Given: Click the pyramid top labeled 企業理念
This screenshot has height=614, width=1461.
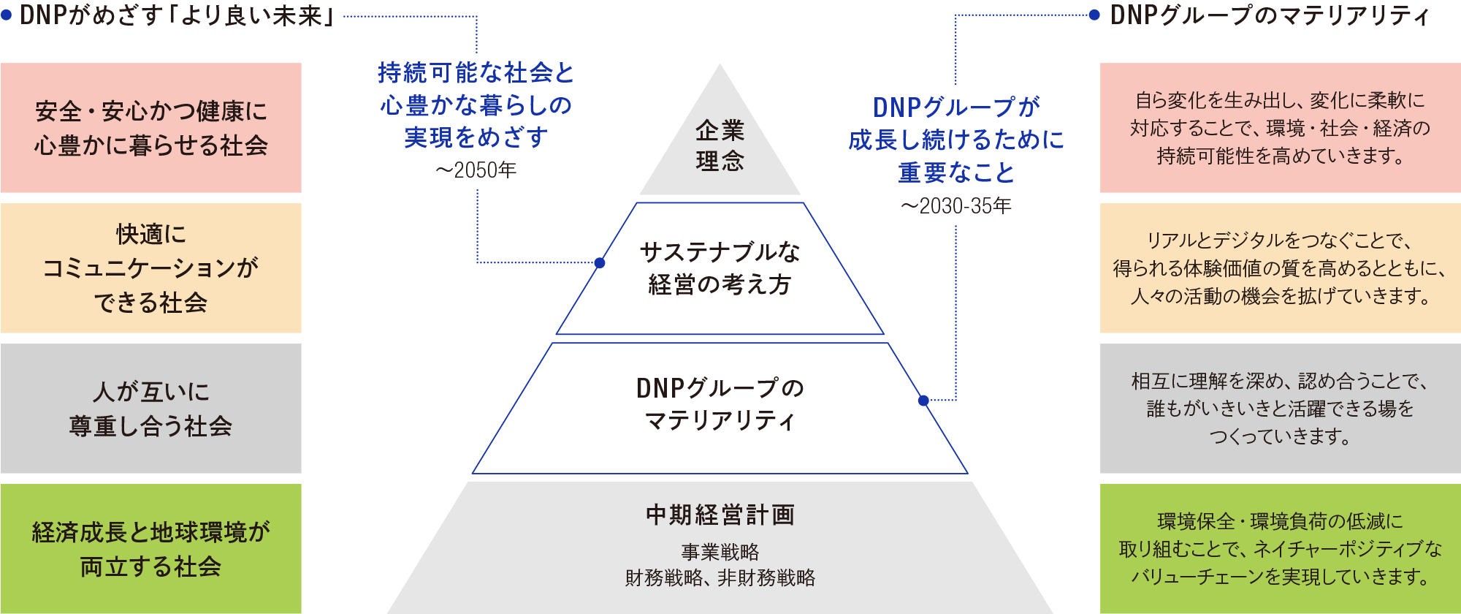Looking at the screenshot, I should (x=720, y=145).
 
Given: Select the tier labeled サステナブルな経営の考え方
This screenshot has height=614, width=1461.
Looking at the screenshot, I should (x=720, y=268).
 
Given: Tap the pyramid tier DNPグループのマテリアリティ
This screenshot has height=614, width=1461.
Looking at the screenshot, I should (x=720, y=404).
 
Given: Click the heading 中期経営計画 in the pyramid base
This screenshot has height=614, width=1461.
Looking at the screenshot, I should (x=720, y=515).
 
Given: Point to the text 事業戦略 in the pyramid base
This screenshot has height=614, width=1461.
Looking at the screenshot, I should (x=720, y=552).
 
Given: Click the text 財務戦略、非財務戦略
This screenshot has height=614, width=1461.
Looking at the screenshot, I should (x=720, y=578).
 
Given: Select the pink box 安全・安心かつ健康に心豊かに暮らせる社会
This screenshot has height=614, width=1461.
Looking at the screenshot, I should (x=150, y=128).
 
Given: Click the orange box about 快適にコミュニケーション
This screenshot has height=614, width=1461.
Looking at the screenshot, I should (x=150, y=268).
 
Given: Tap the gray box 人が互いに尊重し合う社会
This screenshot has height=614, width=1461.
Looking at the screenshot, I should (x=150, y=409).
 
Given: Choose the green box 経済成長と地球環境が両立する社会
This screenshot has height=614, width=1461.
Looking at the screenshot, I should (x=150, y=549).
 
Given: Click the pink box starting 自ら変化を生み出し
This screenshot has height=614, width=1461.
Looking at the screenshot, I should (x=1280, y=128).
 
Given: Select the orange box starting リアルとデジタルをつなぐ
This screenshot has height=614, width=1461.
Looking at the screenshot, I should (x=1280, y=268).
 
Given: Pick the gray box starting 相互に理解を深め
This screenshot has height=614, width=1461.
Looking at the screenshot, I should (x=1280, y=409).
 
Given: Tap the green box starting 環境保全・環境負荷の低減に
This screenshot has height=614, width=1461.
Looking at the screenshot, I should (x=1280, y=549).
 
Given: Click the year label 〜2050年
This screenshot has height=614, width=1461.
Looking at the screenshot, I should (x=476, y=170).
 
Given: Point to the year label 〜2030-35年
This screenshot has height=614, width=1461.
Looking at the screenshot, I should (x=956, y=206).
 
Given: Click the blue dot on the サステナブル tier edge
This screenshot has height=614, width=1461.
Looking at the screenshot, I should (x=600, y=262).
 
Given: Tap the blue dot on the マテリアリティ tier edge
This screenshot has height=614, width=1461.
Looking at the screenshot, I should (x=923, y=401).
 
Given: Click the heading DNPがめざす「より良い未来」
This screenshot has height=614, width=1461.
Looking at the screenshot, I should (x=176, y=16).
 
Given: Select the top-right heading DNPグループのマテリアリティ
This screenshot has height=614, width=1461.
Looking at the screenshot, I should (x=1270, y=15).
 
